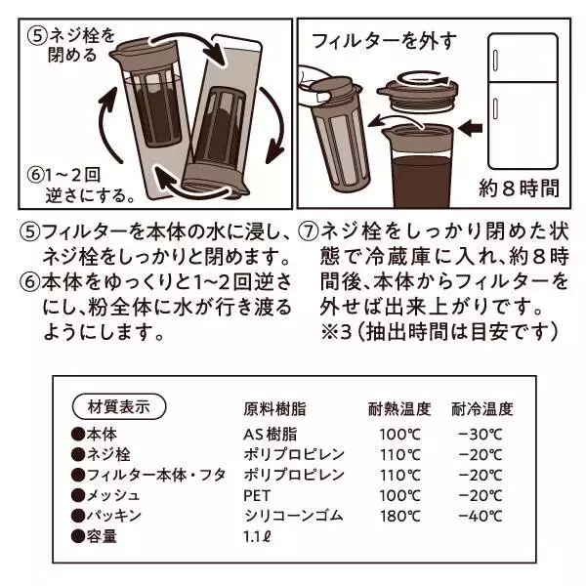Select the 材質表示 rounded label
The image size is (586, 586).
click(119, 405)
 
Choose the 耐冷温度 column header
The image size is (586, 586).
click(481, 409)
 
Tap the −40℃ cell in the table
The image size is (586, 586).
click(481, 514)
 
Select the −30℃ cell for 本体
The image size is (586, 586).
click(481, 436)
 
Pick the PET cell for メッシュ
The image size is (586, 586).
click(257, 494)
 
